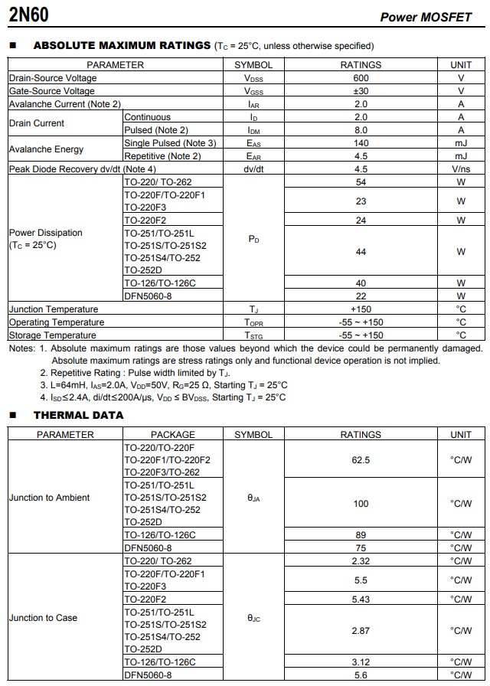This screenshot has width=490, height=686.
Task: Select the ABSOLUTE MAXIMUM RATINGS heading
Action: [x=122, y=46]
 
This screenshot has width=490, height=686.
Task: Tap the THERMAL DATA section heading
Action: [x=78, y=415]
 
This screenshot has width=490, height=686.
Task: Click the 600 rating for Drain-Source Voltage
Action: [x=361, y=78]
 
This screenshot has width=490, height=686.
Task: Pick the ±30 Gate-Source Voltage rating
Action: [x=361, y=91]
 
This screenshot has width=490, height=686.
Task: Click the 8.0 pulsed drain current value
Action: [x=361, y=130]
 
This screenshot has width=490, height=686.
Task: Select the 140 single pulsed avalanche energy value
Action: [x=361, y=143]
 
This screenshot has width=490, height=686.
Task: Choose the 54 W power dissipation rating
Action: [x=361, y=182]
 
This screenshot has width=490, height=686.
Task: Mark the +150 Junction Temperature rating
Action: [x=361, y=309]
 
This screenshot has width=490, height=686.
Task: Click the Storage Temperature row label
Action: [x=53, y=335]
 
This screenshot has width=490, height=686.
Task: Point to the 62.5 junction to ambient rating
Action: [x=361, y=460]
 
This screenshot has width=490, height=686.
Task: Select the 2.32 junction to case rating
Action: [x=361, y=561]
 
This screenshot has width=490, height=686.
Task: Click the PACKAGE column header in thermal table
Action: [x=173, y=435]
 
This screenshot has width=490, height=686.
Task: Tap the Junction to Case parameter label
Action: [x=43, y=618]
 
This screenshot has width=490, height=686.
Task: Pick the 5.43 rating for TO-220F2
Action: [x=361, y=599]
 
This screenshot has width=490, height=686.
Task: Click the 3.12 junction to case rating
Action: [x=361, y=661]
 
